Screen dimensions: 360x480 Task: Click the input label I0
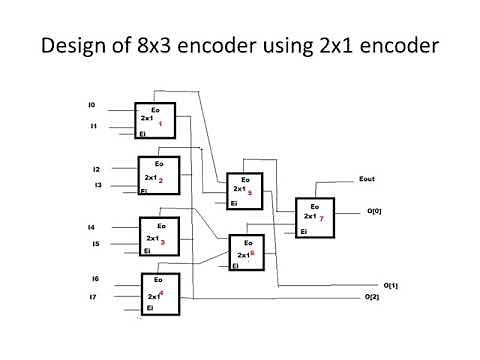[92, 105]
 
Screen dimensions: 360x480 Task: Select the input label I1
[92, 127]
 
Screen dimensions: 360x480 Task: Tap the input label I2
[97, 169]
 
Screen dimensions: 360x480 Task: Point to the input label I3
[97, 185]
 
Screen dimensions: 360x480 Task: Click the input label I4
[91, 227]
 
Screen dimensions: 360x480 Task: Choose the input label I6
[94, 279]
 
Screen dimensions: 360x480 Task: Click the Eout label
[366, 181]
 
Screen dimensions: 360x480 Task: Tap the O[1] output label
[390, 285]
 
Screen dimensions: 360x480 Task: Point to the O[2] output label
[372, 297]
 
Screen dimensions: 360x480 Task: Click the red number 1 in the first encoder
[160, 121]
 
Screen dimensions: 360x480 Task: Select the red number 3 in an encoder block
[162, 241]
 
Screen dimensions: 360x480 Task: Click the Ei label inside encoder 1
[143, 132]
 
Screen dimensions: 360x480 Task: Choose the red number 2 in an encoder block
[160, 180]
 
